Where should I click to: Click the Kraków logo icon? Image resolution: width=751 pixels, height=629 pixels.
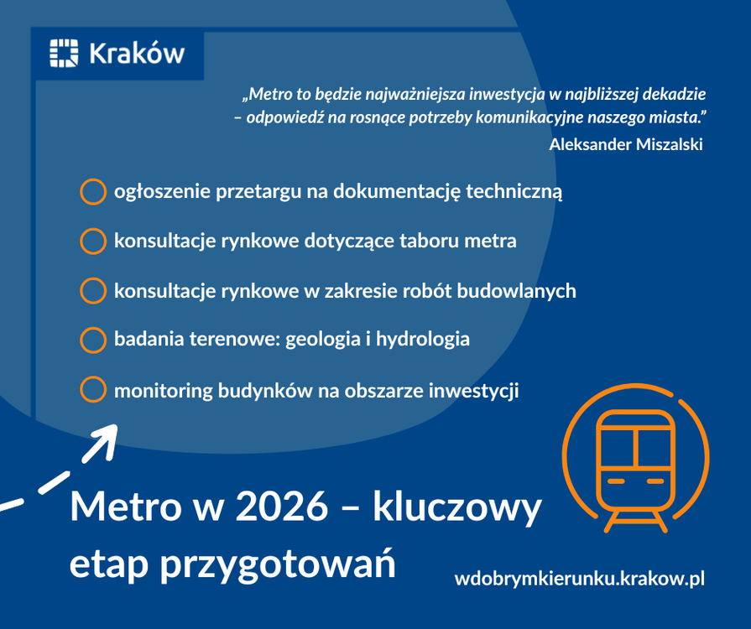pos(64,53)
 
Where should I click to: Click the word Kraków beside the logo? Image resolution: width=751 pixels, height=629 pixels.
pos(137,53)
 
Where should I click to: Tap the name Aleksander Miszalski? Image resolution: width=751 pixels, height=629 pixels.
pos(625,144)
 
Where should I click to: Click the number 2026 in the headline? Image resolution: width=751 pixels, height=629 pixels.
pos(282,507)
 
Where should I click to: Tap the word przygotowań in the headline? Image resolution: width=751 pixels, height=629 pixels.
pos(278,563)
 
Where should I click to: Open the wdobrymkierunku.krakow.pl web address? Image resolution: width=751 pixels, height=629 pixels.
pos(580,578)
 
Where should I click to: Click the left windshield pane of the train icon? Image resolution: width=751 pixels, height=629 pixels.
pos(617,448)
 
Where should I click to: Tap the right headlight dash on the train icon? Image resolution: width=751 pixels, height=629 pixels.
pos(655,481)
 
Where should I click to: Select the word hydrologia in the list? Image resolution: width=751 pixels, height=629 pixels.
pos(422,340)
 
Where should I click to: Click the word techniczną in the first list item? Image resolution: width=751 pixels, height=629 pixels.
pos(514,191)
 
